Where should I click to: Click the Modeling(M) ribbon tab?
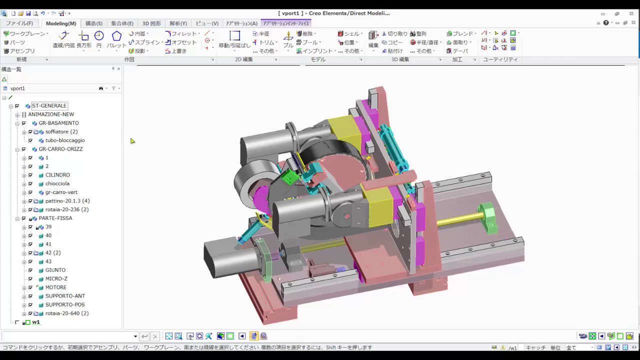(x=61, y=23)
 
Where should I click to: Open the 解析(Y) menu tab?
(x=178, y=23)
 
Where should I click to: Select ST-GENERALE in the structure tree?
(x=49, y=105)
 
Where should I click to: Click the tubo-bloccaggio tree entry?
(x=65, y=140)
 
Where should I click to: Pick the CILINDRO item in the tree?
(x=57, y=175)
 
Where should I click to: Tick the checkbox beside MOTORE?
(x=30, y=287)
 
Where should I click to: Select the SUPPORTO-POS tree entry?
(x=65, y=304)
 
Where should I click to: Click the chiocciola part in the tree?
(x=57, y=183)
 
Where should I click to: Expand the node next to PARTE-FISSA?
(x=17, y=218)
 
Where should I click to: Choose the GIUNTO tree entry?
(x=55, y=270)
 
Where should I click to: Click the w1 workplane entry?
(x=35, y=322)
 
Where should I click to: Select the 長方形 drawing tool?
(x=84, y=39)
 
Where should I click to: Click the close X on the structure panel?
(x=118, y=69)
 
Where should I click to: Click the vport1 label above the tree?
(x=17, y=88)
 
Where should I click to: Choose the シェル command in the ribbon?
(x=350, y=33)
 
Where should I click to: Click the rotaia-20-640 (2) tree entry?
(x=66, y=313)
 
